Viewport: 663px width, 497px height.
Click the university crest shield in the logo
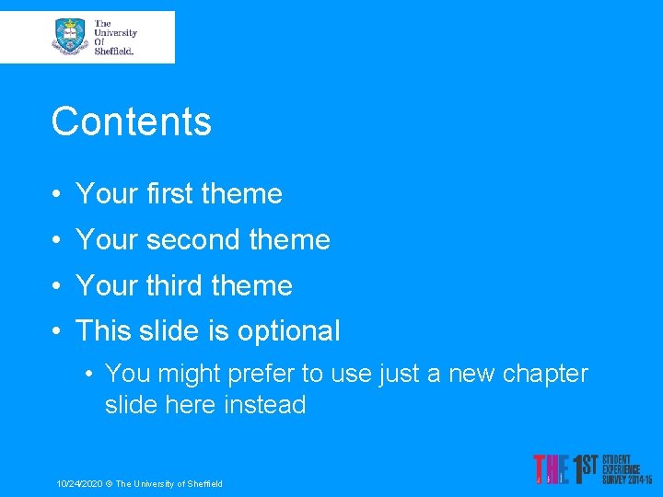tap(69, 37)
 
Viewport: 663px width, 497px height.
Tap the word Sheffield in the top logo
tap(114, 52)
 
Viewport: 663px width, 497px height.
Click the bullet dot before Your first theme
tap(57, 195)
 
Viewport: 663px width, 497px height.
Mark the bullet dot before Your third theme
tap(57, 287)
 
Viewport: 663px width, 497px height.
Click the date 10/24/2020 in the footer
tap(77, 484)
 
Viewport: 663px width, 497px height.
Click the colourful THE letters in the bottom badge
tap(550, 469)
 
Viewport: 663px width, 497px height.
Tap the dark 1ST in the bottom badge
tap(586, 468)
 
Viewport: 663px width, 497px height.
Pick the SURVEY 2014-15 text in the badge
tap(627, 480)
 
